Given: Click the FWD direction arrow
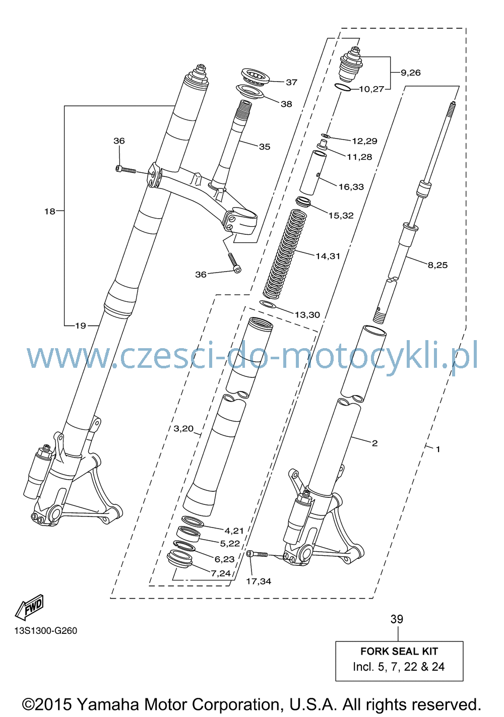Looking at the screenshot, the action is coord(29,607).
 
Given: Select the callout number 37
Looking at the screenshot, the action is coord(291,82).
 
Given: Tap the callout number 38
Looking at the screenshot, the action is coord(286,104).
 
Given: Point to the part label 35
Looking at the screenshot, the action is coord(265,147).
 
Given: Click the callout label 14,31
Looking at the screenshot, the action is coord(328,256).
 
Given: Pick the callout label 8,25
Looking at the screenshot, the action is coord(437,265).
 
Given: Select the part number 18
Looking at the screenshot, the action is coord(49,211).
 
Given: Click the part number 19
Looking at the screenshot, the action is coord(81,326).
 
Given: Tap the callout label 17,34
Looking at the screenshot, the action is coord(259,581).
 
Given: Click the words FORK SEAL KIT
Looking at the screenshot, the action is coord(399,651).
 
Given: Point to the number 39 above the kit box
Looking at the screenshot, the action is coord(397,619).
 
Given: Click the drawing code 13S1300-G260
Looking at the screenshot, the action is coord(46,630).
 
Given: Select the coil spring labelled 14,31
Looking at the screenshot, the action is coord(284,253).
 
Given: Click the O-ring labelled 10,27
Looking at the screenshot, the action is coord(343,87).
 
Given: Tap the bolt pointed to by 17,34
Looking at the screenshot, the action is coord(257,554).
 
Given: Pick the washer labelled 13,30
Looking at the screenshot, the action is coord(267,303).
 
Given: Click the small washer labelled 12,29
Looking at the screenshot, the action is coord(325,136).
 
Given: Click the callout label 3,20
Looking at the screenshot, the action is coord(183,428).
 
